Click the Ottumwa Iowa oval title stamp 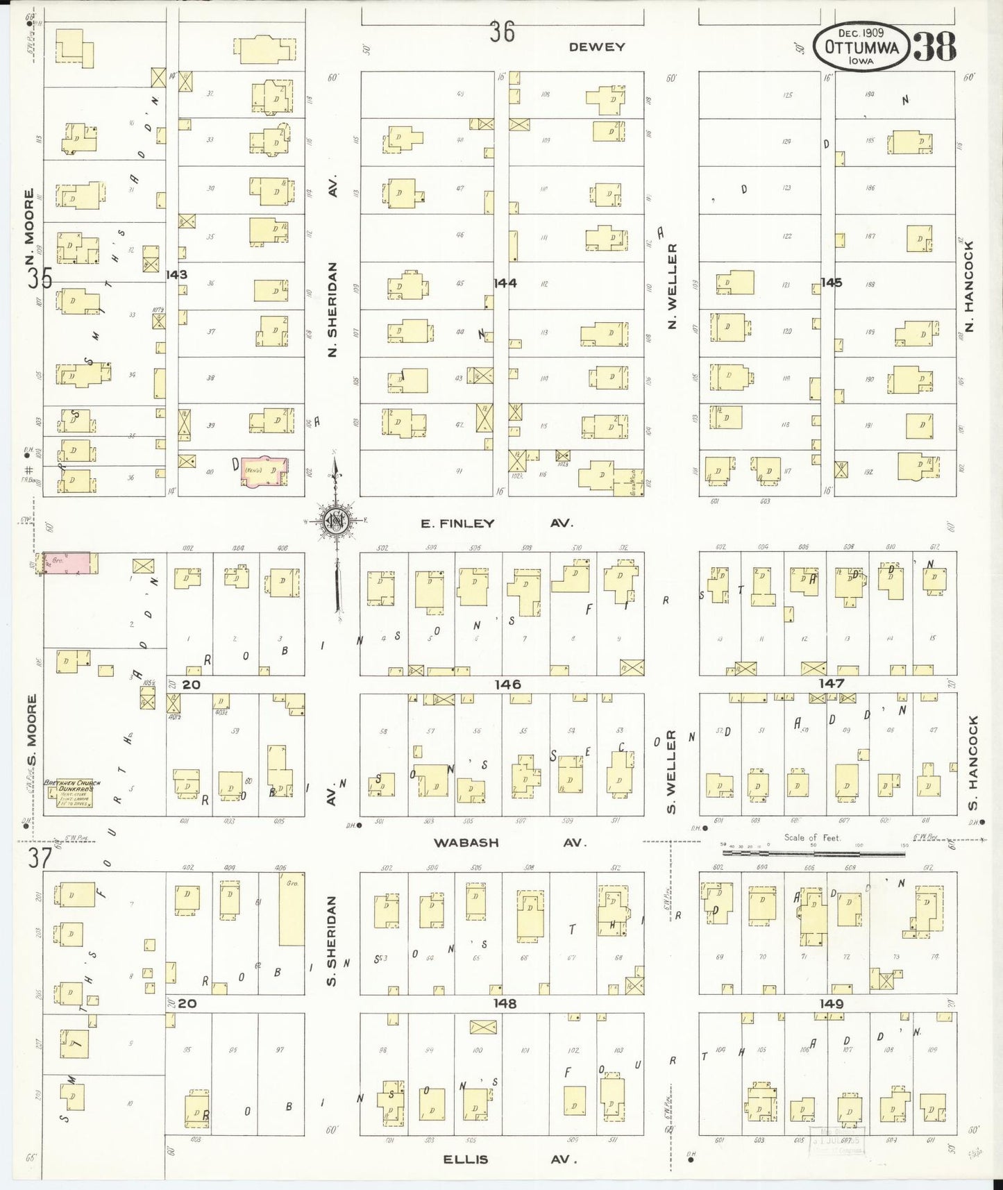(861, 47)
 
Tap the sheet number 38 (934, 47)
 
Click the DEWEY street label (596, 47)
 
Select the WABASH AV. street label (509, 842)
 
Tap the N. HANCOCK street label (970, 286)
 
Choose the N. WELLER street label (671, 286)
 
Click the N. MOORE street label (29, 217)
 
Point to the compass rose (335, 521)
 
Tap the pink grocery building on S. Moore (67, 563)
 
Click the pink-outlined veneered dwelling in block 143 (264, 471)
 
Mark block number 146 (507, 685)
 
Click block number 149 (831, 1004)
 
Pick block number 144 (505, 283)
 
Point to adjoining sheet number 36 (501, 32)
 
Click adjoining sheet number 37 (40, 857)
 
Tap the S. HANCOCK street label (972, 762)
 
